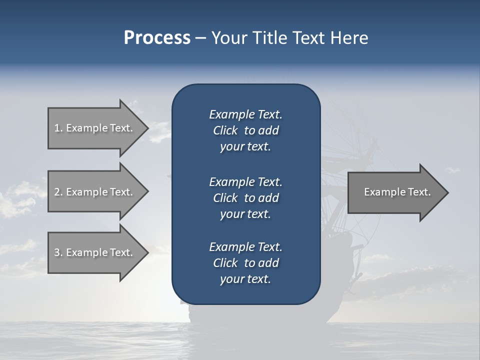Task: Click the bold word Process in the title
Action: (x=157, y=38)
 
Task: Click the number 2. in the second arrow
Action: (x=58, y=192)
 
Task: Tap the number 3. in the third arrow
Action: (x=58, y=252)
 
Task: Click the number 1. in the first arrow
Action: (x=58, y=128)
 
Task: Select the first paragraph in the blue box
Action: (x=245, y=130)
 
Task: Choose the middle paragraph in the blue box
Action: (x=245, y=197)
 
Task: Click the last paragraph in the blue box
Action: (x=245, y=263)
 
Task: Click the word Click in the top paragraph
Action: (x=225, y=130)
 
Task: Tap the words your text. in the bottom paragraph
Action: (x=245, y=279)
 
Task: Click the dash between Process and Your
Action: (x=200, y=38)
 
